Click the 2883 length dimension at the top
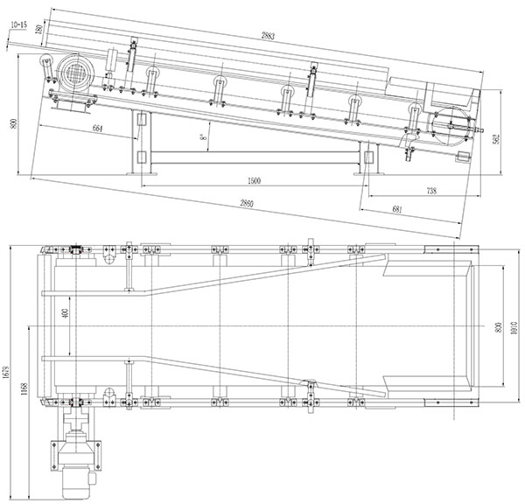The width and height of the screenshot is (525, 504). click(x=268, y=35)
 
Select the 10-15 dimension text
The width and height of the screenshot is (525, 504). click(x=19, y=24)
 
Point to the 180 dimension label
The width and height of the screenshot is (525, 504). click(x=39, y=29)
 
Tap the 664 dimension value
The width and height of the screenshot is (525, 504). click(x=97, y=129)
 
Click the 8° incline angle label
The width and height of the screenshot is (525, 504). click(x=202, y=136)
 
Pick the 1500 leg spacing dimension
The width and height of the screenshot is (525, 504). click(x=254, y=181)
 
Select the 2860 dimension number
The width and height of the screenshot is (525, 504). click(x=247, y=203)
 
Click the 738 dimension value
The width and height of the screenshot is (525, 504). click(x=431, y=191)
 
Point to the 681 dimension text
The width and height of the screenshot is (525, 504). click(x=396, y=209)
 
